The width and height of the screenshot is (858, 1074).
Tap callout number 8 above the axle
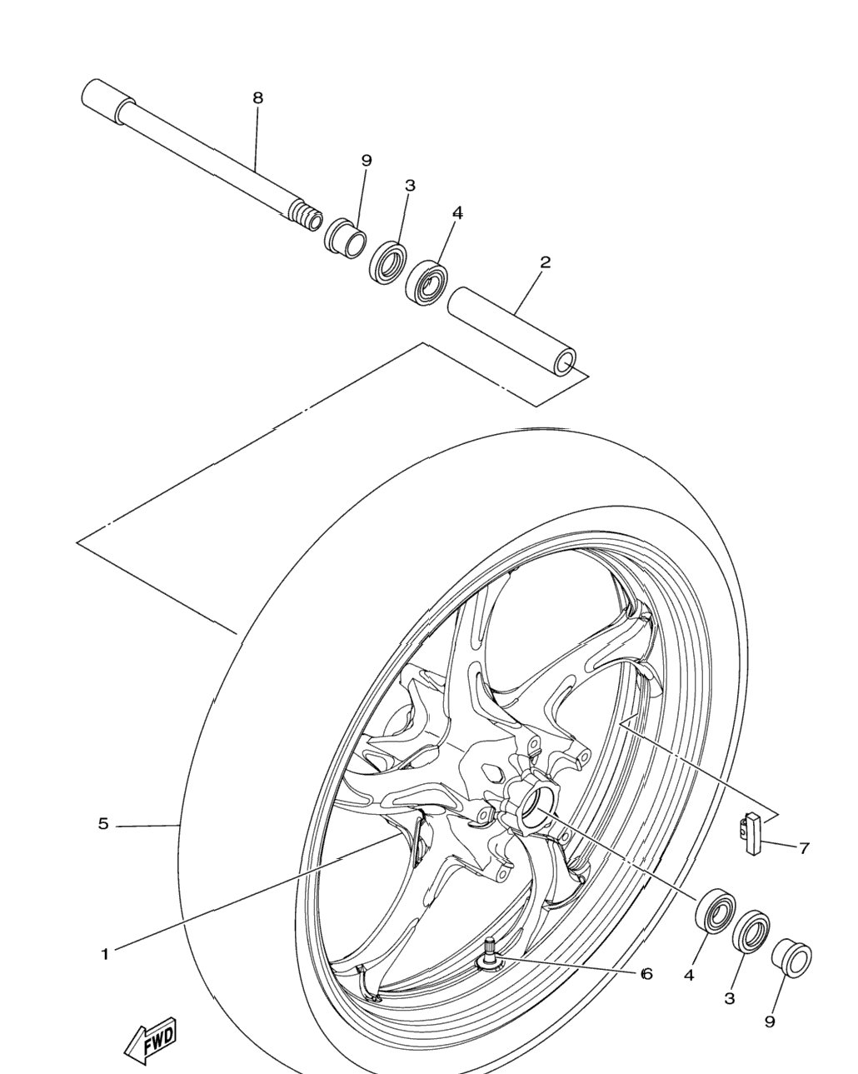pyautogui.click(x=257, y=98)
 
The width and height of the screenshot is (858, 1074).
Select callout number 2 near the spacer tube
pyautogui.click(x=545, y=262)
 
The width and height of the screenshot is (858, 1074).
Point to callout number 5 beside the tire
pyautogui.click(x=103, y=823)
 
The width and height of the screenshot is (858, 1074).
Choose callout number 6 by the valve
pyautogui.click(x=646, y=974)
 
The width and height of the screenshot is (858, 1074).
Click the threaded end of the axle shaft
pyautogui.click(x=307, y=215)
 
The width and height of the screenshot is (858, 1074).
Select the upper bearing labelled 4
pyautogui.click(x=427, y=282)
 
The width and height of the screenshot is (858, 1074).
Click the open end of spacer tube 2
pyautogui.click(x=565, y=362)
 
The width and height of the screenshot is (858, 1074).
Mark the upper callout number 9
pyautogui.click(x=367, y=161)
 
